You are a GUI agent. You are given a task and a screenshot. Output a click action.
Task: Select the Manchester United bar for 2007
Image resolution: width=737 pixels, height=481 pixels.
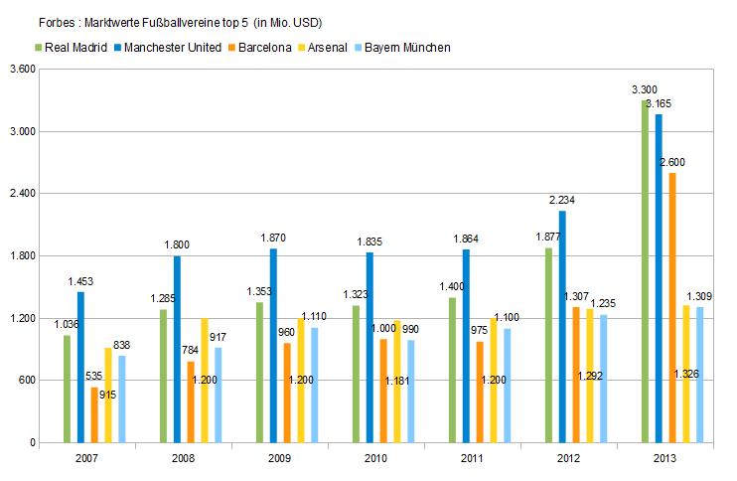tap(81, 367)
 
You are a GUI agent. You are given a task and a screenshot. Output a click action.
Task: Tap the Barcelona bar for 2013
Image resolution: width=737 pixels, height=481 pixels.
tap(672, 307)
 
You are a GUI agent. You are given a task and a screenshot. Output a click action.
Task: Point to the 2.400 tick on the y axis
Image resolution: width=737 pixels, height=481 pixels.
tap(22, 194)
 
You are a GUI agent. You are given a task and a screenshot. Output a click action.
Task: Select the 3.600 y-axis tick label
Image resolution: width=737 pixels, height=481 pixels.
tap(22, 70)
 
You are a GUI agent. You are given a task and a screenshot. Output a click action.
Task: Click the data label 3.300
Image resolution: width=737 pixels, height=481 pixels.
tap(644, 89)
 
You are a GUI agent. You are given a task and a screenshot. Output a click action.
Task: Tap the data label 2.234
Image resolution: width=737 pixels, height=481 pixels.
tap(562, 200)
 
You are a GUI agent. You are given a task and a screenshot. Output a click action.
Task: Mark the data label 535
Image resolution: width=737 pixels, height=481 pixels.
tap(94, 377)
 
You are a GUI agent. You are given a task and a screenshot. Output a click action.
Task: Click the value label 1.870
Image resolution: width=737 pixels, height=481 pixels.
tap(273, 238)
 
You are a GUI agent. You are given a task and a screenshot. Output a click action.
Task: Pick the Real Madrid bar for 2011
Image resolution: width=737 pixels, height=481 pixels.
tap(452, 370)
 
